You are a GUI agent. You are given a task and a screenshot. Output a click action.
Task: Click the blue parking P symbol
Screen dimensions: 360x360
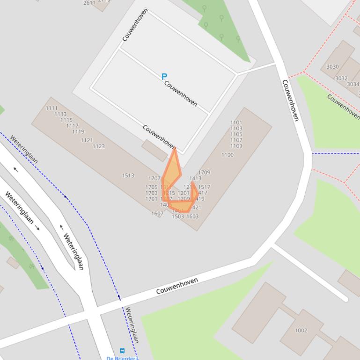(x=164, y=76)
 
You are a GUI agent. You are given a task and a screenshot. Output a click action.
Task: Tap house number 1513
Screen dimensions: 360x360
(x=128, y=176)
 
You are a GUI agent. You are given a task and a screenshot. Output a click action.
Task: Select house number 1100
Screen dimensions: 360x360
(x=227, y=155)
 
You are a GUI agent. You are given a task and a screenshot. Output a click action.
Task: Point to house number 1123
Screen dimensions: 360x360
(x=98, y=146)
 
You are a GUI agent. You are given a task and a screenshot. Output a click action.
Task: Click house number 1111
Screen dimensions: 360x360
(x=51, y=108)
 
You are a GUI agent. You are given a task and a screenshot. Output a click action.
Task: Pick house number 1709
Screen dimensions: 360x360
(x=204, y=173)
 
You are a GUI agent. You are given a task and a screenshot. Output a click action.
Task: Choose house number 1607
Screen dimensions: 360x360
(x=157, y=214)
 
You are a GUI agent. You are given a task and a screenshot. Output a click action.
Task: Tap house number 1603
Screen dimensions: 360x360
(x=192, y=216)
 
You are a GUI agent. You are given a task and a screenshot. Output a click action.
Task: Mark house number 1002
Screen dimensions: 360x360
(x=301, y=331)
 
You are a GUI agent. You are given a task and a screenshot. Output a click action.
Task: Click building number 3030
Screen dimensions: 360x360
(x=332, y=67)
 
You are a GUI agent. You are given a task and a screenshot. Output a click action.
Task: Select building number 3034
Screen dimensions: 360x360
(x=353, y=85)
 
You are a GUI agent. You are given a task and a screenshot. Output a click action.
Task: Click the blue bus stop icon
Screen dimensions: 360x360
(x=122, y=351)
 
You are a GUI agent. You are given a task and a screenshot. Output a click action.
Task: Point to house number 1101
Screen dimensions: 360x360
(x=236, y=123)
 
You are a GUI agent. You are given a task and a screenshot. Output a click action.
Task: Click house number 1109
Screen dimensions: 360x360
(x=236, y=146)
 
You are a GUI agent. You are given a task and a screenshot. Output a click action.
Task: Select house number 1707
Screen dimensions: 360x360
(x=154, y=179)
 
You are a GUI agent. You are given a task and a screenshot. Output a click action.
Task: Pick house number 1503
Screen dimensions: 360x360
(x=178, y=216)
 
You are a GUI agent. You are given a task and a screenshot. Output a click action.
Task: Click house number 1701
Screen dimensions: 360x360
(x=151, y=199)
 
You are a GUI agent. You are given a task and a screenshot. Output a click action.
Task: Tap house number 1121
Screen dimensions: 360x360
(x=87, y=140)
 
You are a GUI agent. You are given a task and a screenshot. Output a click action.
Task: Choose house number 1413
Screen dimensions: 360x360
(x=195, y=178)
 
